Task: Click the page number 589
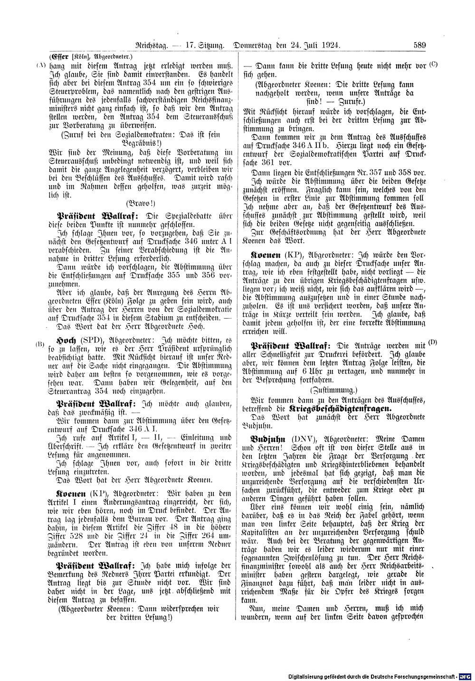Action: [x=419, y=46]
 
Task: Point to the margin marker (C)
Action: [x=432, y=64]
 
